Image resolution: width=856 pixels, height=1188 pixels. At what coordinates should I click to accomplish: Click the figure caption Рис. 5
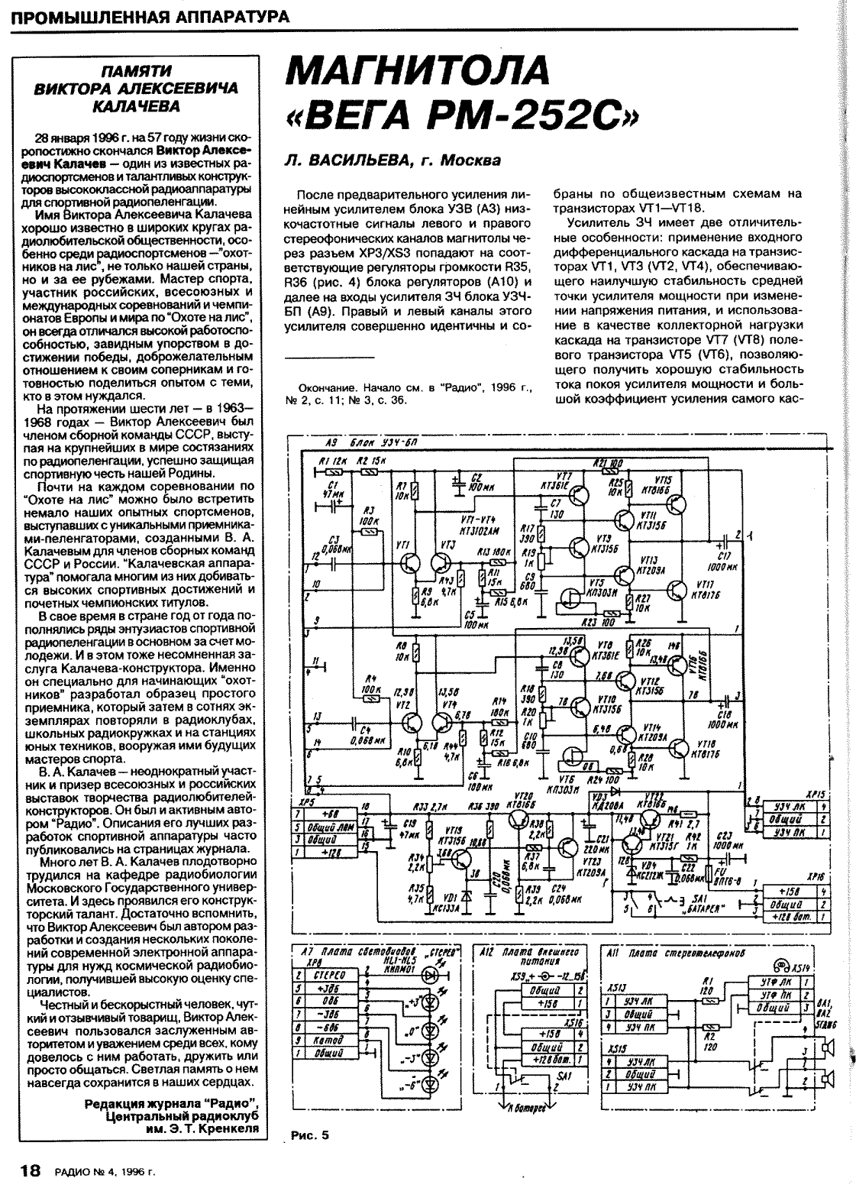(310, 1135)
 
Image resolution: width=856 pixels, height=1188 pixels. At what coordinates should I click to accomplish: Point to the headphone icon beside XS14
(780, 963)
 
